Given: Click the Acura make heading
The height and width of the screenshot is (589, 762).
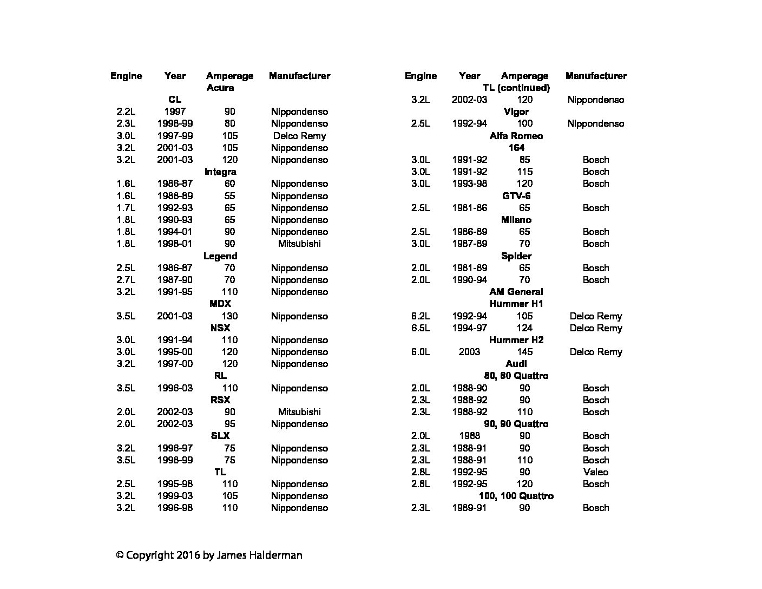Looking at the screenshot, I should tap(220, 88).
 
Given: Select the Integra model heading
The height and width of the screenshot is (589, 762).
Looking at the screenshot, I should tap(220, 172).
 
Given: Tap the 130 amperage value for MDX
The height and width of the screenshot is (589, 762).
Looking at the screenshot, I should tap(229, 316).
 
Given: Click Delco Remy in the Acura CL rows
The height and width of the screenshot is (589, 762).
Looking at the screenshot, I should tap(299, 136).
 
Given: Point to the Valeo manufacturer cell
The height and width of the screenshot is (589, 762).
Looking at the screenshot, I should tap(595, 472).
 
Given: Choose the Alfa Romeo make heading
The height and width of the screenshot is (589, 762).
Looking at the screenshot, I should tap(516, 136).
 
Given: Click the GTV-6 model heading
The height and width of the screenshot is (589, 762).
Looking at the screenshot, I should tap(516, 196).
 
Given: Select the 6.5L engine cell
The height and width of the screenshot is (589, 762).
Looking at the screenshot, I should tap(421, 328).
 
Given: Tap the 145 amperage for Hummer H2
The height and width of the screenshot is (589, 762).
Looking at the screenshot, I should tap(524, 352).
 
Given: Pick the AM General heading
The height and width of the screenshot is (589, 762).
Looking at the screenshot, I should tap(516, 292).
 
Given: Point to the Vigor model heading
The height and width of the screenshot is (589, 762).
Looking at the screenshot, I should tap(516, 112).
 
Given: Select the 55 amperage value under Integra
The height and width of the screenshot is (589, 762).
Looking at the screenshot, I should tap(229, 196).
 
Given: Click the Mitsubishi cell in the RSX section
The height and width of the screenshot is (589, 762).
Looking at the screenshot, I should tap(299, 412).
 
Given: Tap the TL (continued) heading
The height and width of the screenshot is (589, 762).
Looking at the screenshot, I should tap(516, 88).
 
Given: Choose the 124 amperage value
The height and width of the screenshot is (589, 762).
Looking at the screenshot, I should tap(524, 328).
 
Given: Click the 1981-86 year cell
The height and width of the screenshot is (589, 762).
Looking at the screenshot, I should tap(469, 208).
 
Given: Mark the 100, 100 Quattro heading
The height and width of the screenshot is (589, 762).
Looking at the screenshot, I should tap(516, 496).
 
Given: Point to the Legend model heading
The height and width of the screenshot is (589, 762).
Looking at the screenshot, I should tap(220, 256).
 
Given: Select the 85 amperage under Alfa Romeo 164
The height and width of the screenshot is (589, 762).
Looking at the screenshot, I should tap(524, 160).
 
